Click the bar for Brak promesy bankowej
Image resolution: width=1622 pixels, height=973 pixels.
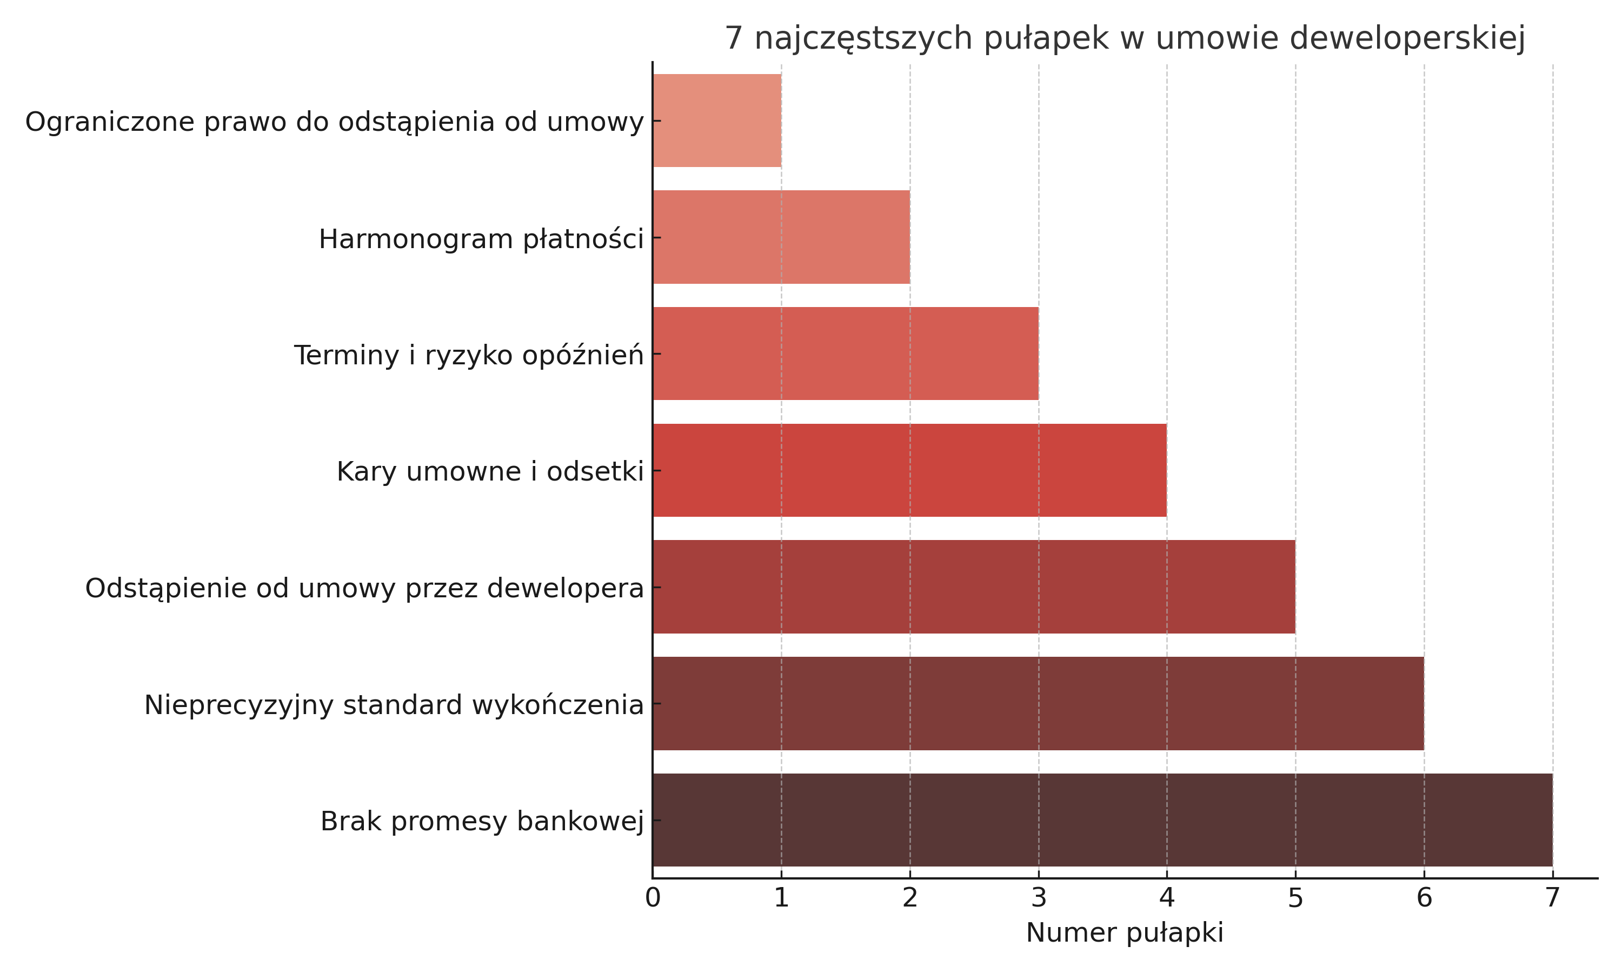click(1101, 819)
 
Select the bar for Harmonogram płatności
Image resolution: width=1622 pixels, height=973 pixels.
click(781, 237)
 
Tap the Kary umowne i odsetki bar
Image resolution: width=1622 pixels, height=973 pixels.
click(909, 470)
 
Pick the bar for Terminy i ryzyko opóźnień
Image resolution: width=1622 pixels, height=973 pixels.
click(845, 354)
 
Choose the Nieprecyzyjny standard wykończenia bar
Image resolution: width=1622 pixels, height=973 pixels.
click(1038, 703)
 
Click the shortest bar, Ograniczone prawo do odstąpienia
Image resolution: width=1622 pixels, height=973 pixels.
click(716, 121)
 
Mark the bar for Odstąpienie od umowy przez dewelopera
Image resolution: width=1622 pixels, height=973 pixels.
click(974, 587)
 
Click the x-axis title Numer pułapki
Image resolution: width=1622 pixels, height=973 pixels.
click(1125, 933)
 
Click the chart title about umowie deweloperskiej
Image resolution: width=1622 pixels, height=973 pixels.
click(1125, 38)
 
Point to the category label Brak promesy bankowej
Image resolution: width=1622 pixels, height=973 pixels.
click(482, 821)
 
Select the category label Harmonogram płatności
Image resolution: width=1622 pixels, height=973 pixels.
click(481, 239)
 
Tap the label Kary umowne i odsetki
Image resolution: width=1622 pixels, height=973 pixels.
click(490, 471)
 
